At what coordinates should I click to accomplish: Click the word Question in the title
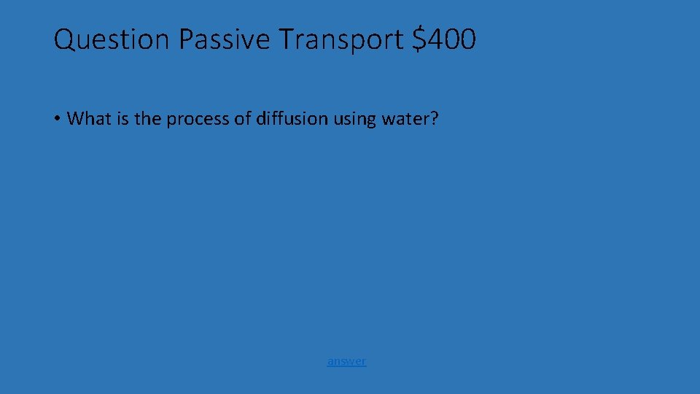point(112,39)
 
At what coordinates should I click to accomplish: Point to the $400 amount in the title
point(444,39)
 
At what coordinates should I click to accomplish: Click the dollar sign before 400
point(419,39)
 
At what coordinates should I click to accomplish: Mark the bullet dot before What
point(56,119)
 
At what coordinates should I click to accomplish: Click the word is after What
point(122,119)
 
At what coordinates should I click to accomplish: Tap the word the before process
point(148,119)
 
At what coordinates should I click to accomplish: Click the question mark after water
point(435,119)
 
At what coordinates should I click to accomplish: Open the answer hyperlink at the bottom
point(346,361)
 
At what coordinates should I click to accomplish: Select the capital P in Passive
point(186,39)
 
